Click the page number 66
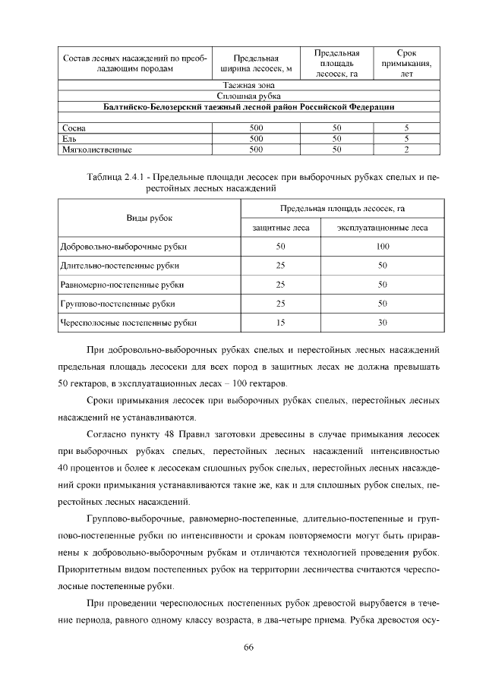(x=247, y=646)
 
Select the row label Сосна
(x=74, y=128)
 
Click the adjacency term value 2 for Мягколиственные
(x=407, y=150)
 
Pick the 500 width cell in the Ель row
(x=256, y=139)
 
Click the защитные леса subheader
(x=280, y=227)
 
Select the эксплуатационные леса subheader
(x=382, y=227)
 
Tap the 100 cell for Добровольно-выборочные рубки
(x=382, y=247)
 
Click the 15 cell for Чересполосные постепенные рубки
(x=280, y=323)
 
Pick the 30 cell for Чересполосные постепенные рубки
(x=382, y=323)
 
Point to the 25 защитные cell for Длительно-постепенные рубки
(x=280, y=266)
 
